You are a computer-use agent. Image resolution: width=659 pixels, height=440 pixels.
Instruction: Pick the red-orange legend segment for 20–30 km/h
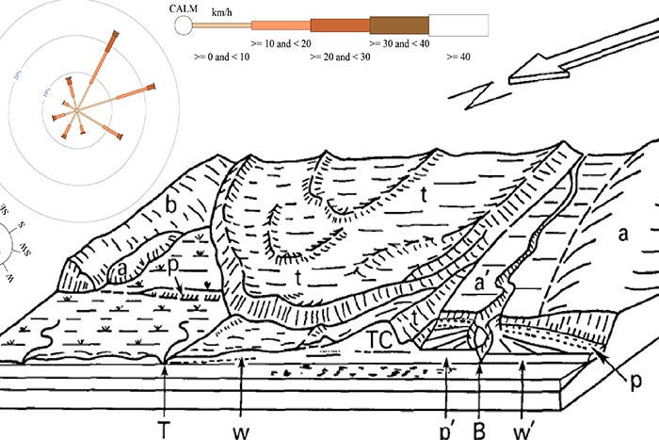(x=340, y=25)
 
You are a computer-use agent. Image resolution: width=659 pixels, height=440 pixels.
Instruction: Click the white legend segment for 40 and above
(x=458, y=25)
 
